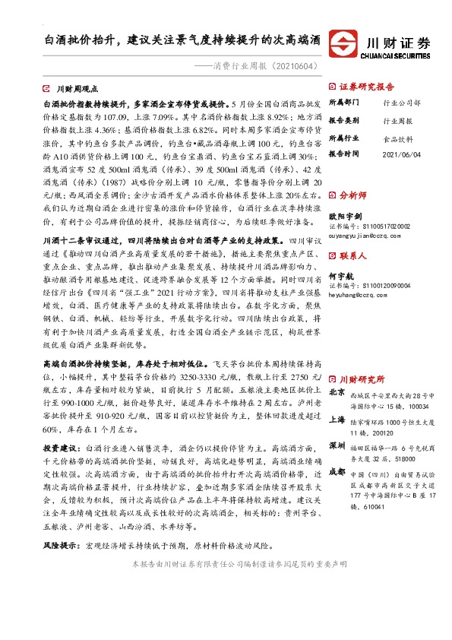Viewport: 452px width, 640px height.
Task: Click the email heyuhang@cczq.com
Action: pos(357,299)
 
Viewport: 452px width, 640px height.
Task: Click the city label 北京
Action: pos(337,392)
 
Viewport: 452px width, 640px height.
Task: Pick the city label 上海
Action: pos(337,419)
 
